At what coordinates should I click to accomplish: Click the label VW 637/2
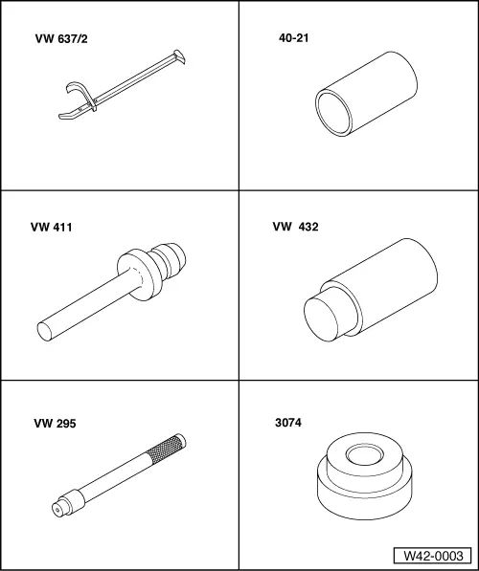(61, 38)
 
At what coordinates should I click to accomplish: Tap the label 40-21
(294, 38)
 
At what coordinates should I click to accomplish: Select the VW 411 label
(52, 228)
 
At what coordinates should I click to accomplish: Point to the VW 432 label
(295, 227)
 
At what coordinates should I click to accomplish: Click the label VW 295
(56, 424)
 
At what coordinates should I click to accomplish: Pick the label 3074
(288, 423)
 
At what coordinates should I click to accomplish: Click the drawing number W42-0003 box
(433, 556)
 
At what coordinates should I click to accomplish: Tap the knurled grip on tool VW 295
(166, 449)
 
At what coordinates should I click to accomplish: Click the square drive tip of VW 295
(57, 509)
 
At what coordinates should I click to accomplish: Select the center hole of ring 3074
(365, 455)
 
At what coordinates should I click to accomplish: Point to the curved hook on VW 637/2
(80, 93)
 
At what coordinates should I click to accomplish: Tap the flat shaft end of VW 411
(45, 331)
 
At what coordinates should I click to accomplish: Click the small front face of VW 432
(321, 319)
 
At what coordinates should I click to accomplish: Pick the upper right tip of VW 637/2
(180, 56)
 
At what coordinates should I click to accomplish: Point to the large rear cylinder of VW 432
(387, 284)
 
